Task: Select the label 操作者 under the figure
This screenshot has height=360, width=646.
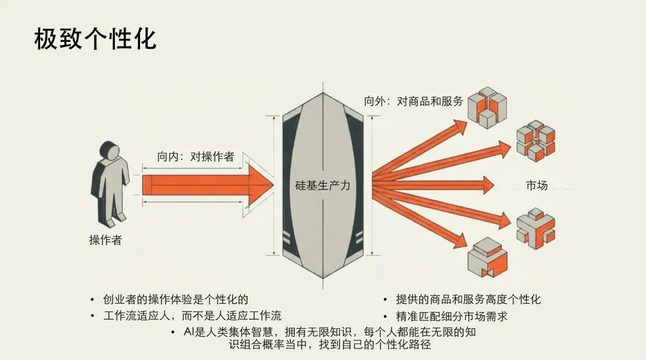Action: (x=105, y=240)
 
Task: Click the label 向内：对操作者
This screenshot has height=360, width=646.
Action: (x=196, y=157)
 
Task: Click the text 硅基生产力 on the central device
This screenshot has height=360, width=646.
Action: (x=323, y=185)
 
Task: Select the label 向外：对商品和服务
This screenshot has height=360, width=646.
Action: (x=413, y=101)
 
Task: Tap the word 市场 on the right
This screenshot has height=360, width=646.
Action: (x=537, y=185)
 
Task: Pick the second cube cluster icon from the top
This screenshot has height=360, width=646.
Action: (x=535, y=141)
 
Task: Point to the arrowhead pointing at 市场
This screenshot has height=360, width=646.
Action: (x=487, y=185)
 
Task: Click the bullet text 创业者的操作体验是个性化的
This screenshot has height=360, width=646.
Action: (x=175, y=299)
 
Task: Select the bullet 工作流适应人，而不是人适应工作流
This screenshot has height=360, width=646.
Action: (x=192, y=315)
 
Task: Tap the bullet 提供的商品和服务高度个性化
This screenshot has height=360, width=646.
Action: (x=468, y=299)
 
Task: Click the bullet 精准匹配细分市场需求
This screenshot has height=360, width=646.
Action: (x=452, y=315)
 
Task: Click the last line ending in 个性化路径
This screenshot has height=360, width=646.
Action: (x=330, y=345)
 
